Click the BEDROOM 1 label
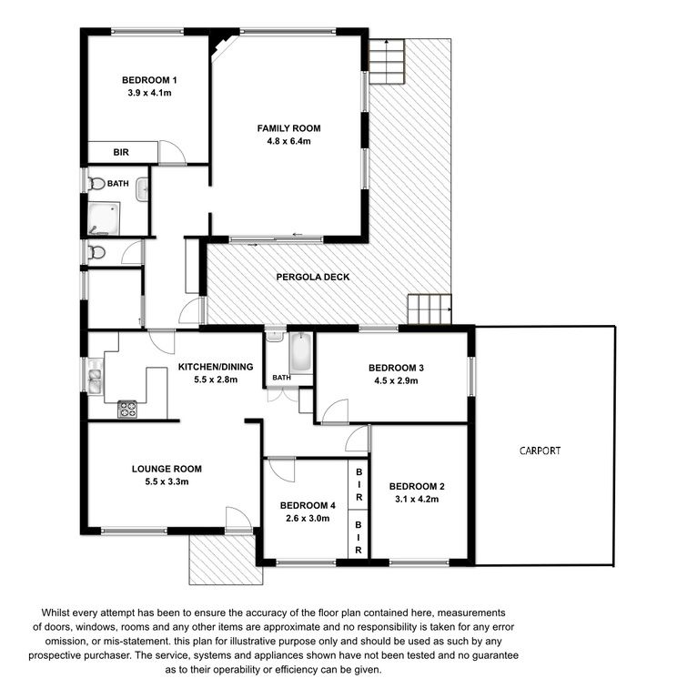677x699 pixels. pos(149,80)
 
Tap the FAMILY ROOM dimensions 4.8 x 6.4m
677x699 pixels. pos(288,141)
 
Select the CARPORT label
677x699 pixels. pos(540,451)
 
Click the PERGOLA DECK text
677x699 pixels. pos(313,277)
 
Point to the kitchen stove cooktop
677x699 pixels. pos(127,410)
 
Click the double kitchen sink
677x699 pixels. pos(95,376)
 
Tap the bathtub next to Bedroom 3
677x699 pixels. pos(300,353)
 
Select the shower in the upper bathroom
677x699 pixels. pos(104,218)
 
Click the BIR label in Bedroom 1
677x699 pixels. pos(121,153)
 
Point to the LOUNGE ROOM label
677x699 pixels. pos(167,469)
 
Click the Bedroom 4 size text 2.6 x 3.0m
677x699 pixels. pos(308,519)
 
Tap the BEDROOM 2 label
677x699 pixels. pos(417,486)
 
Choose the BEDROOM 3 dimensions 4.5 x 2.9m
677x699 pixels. pos(396,380)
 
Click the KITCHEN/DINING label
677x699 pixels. pos(216,367)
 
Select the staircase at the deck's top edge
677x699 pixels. pos(387,62)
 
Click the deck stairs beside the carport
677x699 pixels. pos(429,309)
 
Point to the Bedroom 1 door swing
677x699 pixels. pos(172,153)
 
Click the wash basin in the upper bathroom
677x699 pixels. pos(142,189)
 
